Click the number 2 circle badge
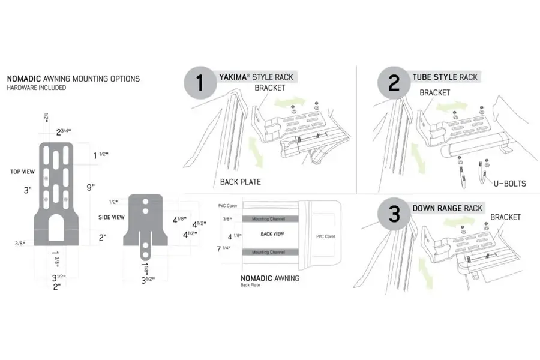[x=394, y=83]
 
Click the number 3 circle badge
[x=394, y=215]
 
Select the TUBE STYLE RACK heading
[x=445, y=77]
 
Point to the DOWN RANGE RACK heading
[x=447, y=208]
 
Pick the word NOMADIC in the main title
[x=24, y=79]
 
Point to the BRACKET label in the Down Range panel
[x=505, y=217]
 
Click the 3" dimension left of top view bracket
[x=26, y=190]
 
